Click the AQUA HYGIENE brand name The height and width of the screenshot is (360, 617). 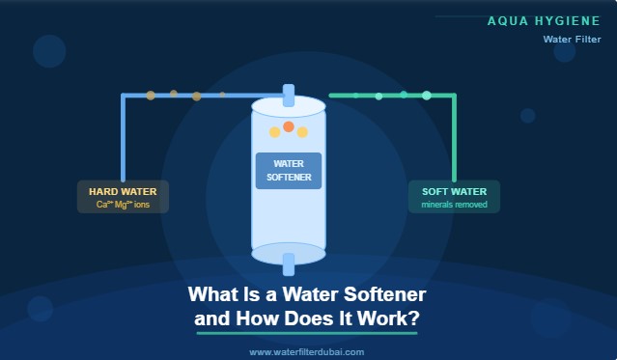click(x=544, y=20)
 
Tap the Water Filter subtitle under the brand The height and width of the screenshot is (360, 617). click(x=572, y=40)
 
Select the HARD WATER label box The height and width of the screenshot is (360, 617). click(x=123, y=197)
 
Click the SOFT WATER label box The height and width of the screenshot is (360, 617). click(x=454, y=197)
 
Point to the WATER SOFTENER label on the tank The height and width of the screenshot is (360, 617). click(x=288, y=171)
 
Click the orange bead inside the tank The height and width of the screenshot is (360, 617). click(x=288, y=126)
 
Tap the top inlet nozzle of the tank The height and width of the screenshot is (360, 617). click(x=288, y=95)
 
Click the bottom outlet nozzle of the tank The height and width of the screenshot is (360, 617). click(x=288, y=263)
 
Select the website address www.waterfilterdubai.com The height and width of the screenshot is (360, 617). click(x=307, y=352)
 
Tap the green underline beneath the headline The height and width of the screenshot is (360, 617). click(x=307, y=333)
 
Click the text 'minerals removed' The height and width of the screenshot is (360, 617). click(x=454, y=205)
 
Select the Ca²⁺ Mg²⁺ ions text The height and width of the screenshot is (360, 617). click(x=123, y=205)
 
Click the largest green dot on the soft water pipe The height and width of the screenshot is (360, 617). click(x=427, y=96)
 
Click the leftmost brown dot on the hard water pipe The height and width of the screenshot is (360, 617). click(x=151, y=96)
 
